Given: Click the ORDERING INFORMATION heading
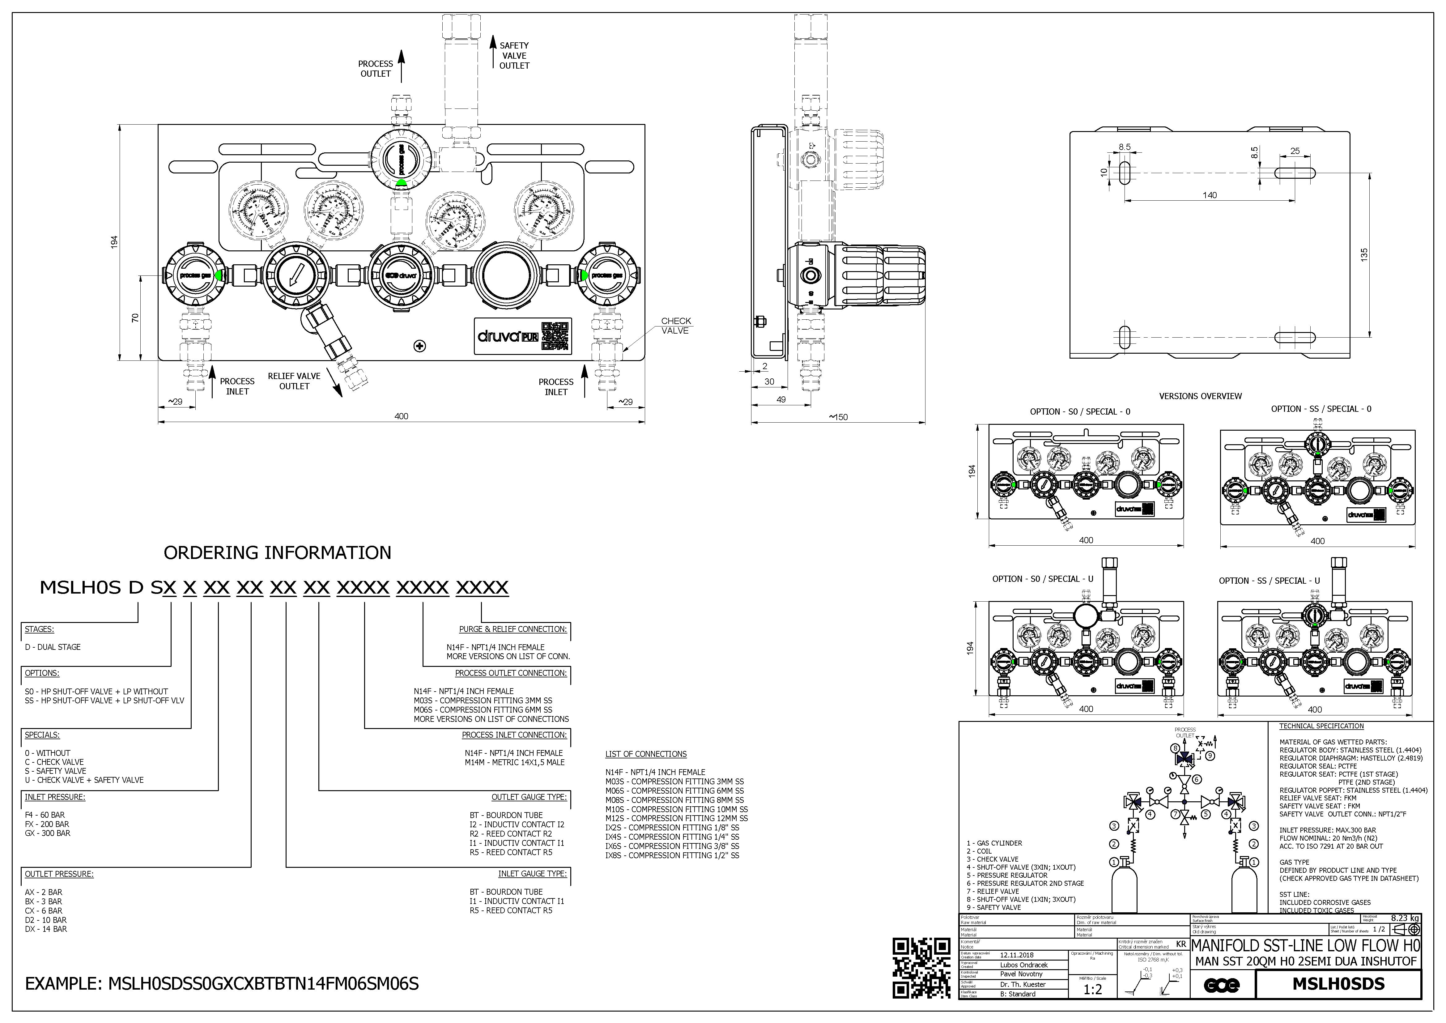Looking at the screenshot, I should (277, 552).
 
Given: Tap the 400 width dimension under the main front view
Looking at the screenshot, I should (401, 416).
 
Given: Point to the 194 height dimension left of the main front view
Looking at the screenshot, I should (115, 242).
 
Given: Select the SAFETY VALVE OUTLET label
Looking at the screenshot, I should (514, 55).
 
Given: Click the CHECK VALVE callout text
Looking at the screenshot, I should (676, 326).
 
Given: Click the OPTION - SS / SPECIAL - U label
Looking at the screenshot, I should (1268, 581).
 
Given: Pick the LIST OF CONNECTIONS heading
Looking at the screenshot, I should (645, 754).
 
